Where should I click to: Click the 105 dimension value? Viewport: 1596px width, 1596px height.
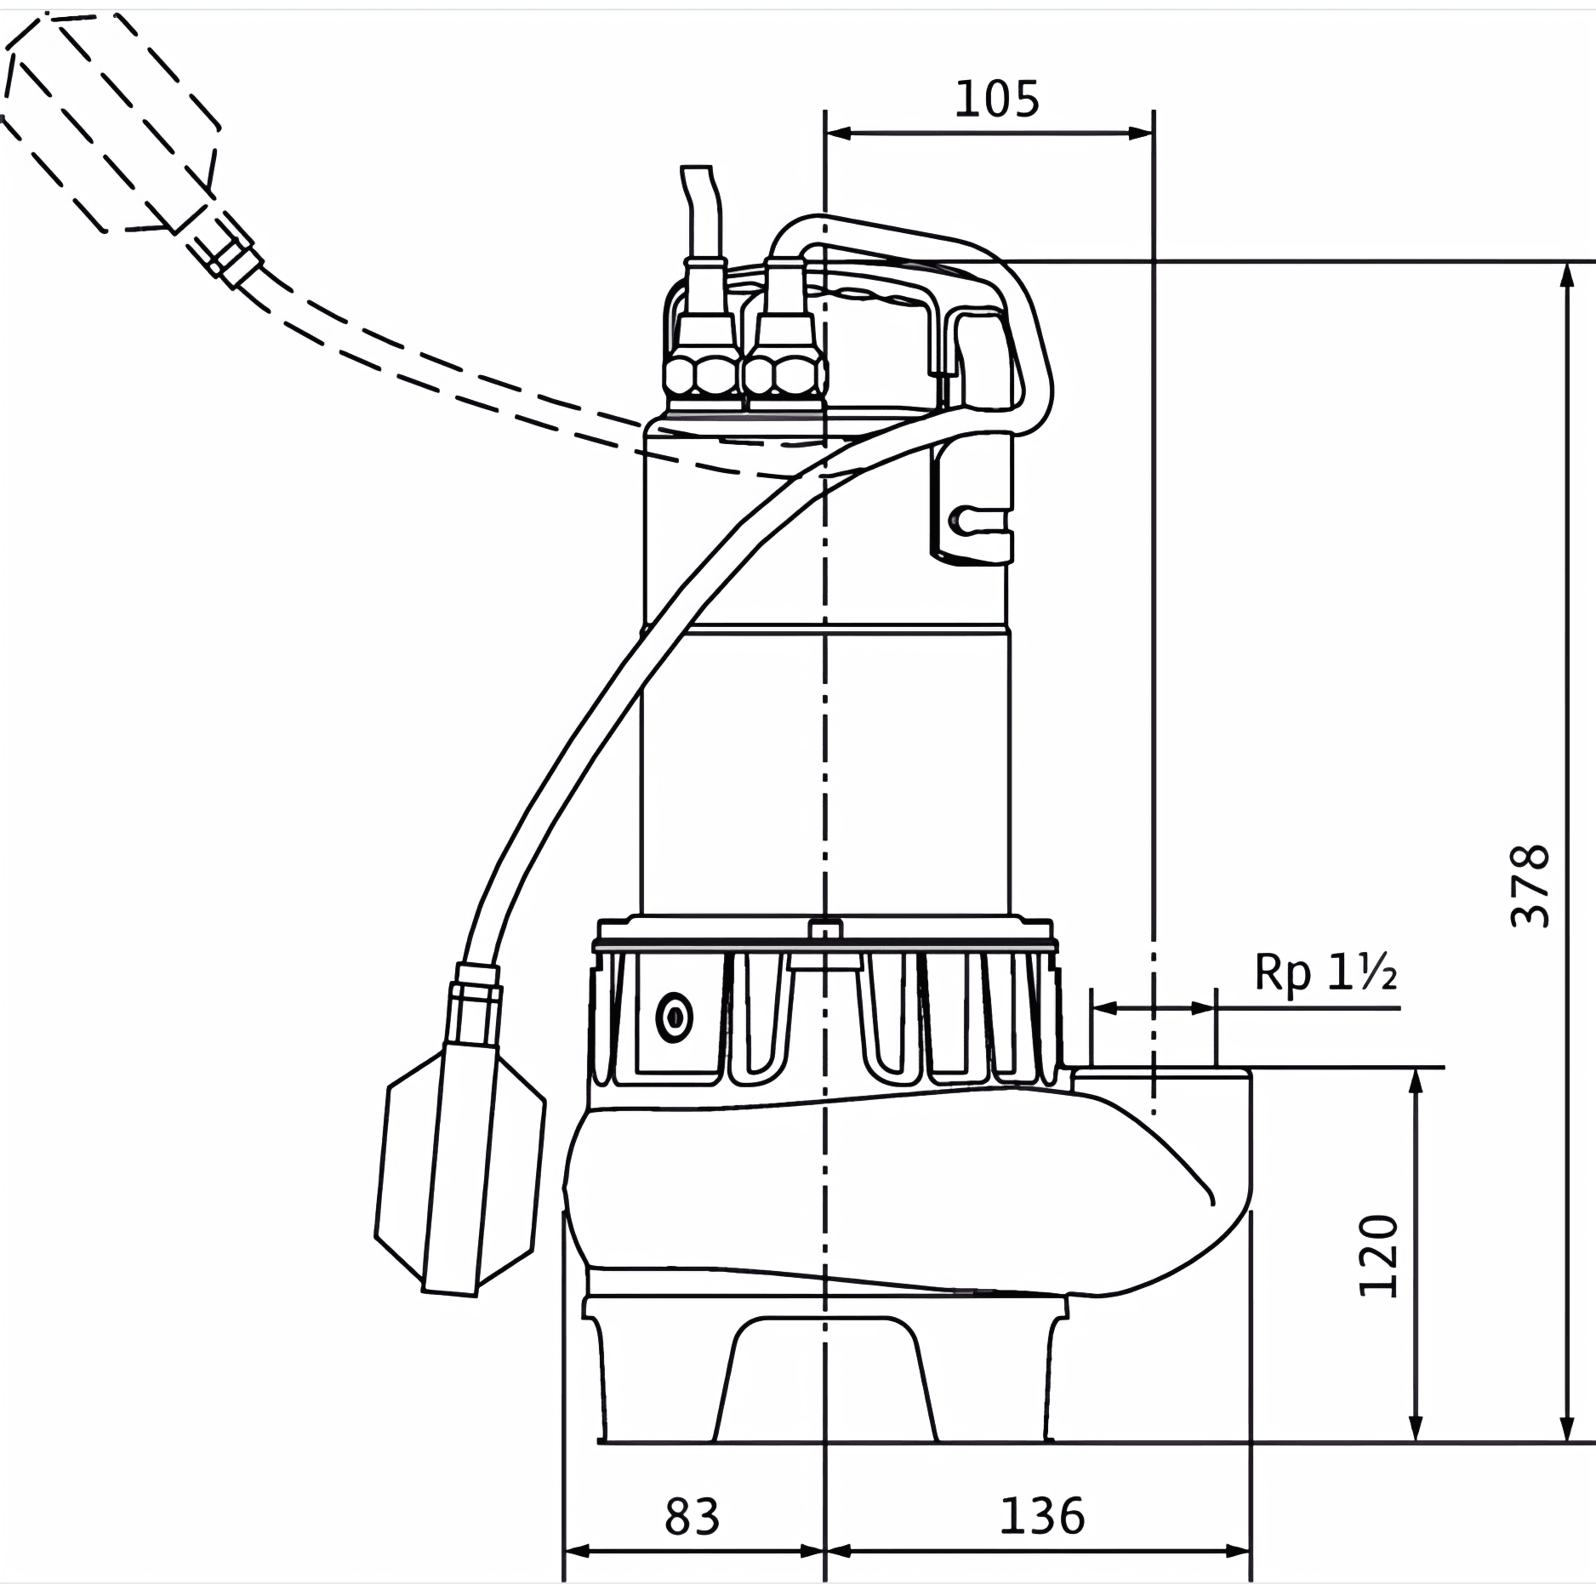tap(996, 100)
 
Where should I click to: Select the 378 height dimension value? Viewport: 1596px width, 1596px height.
tap(1530, 886)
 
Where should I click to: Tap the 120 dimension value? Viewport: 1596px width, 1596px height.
tap(1377, 1256)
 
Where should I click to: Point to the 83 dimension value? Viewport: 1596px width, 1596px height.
tap(692, 1516)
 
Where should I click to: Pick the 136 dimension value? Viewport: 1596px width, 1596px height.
tap(1041, 1516)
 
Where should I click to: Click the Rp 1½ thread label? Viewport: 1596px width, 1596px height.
tap(1325, 972)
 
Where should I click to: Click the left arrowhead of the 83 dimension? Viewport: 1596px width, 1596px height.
tap(579, 1551)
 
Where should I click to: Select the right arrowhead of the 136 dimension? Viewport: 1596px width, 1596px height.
tap(1238, 1551)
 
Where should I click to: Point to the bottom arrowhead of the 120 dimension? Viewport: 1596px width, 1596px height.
tap(1416, 1428)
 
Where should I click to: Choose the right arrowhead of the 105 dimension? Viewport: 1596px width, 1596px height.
tap(1140, 133)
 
